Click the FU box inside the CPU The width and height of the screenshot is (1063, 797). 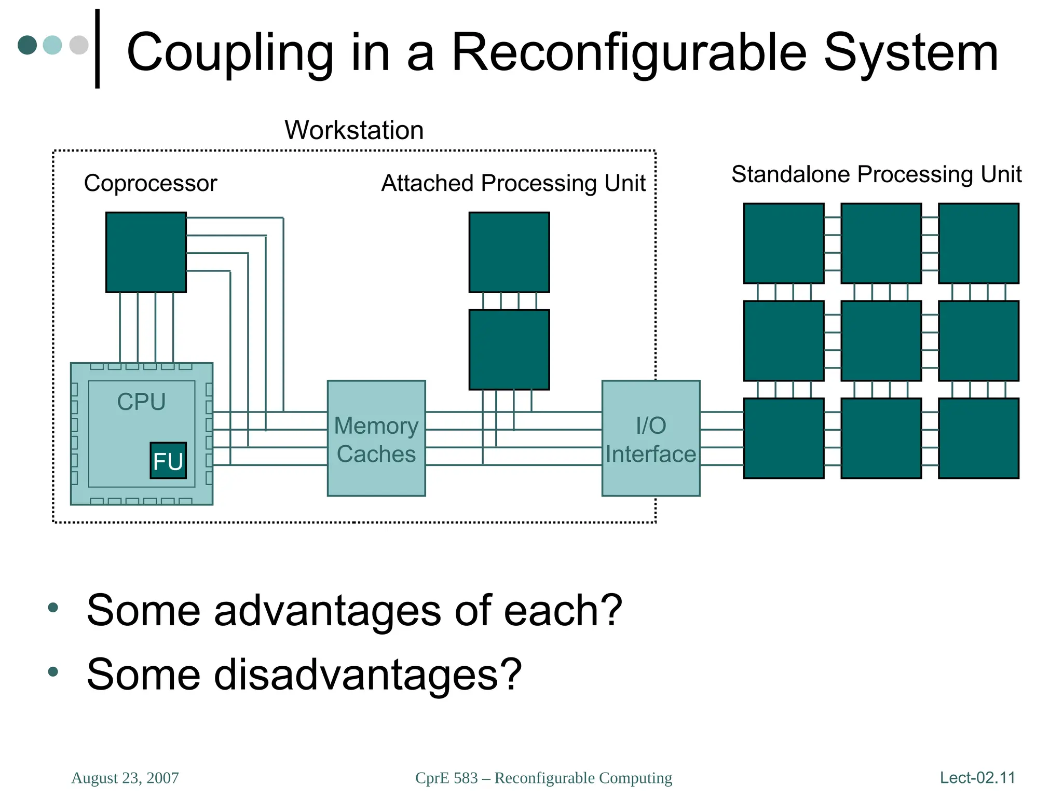[x=168, y=460]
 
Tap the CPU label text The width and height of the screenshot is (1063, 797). [x=141, y=402]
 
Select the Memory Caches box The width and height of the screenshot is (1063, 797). [x=376, y=438]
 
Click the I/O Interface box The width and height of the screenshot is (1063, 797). [x=650, y=438]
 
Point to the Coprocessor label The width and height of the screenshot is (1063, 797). [x=150, y=183]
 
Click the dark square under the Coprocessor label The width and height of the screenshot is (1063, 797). [x=146, y=252]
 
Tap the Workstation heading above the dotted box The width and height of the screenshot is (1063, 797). [x=354, y=130]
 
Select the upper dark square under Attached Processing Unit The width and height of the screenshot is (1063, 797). [x=509, y=252]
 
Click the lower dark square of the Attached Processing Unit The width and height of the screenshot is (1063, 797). [x=509, y=350]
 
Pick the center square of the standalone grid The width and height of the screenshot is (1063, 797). [x=881, y=341]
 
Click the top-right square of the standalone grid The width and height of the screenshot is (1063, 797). [x=978, y=243]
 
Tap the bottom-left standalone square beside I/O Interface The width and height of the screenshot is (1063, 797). [x=783, y=438]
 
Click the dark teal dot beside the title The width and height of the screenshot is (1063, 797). [x=28, y=45]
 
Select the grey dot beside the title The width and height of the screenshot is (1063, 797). [x=79, y=45]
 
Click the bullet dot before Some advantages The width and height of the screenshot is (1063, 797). [x=53, y=608]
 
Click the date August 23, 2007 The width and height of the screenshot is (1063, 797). [x=125, y=778]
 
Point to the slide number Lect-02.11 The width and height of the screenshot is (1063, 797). [x=977, y=778]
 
